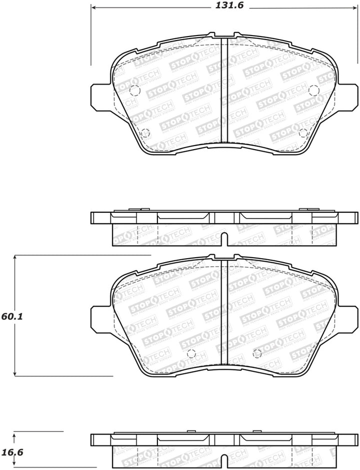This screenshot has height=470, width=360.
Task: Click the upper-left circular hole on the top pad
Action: coord(134,91)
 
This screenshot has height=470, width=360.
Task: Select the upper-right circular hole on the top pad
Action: coord(314,90)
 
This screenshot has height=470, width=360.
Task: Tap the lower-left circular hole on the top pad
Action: coord(145,133)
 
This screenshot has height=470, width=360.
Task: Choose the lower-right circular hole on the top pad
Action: coord(302,133)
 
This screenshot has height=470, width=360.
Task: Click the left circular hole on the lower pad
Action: coord(190,353)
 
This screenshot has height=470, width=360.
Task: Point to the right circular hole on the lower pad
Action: coord(257,353)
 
